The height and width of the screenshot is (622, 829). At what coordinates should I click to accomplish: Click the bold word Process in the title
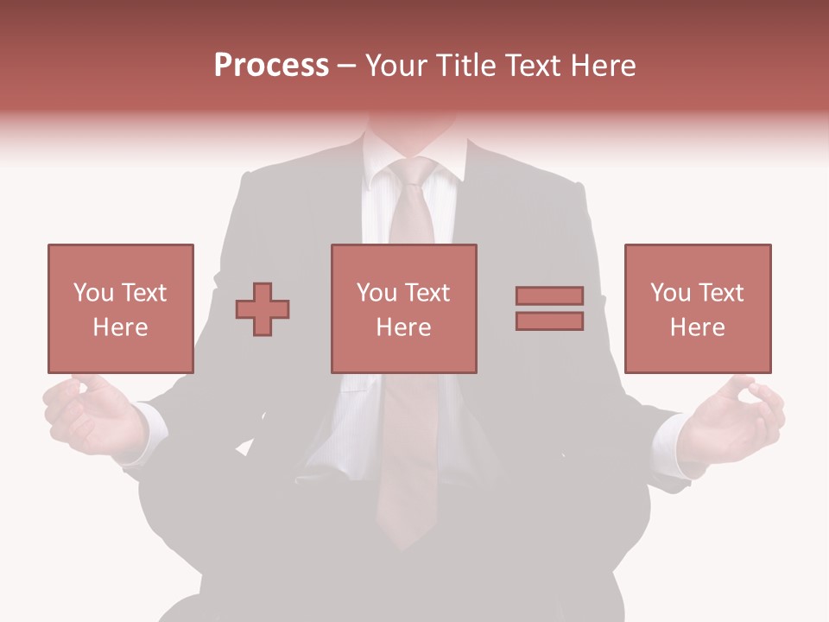click(x=271, y=66)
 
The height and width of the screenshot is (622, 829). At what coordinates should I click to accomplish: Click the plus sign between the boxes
click(x=263, y=309)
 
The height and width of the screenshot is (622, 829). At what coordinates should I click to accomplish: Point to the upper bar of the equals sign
click(x=549, y=296)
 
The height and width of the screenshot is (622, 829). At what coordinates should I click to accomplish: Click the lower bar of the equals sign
click(x=549, y=321)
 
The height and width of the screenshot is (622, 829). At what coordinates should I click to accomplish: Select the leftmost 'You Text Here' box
click(x=120, y=308)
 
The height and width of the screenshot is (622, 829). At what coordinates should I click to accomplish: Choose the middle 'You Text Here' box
click(x=403, y=308)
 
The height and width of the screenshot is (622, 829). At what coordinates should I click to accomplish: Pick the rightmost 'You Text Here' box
click(x=697, y=308)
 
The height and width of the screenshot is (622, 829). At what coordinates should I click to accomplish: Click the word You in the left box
click(x=94, y=293)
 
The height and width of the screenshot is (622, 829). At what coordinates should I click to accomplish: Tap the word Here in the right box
click(x=697, y=327)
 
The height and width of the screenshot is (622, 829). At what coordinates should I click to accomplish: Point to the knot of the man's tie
click(x=413, y=174)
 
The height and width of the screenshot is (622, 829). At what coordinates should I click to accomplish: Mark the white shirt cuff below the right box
click(x=668, y=441)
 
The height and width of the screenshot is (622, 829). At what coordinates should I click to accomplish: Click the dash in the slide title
click(x=347, y=66)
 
